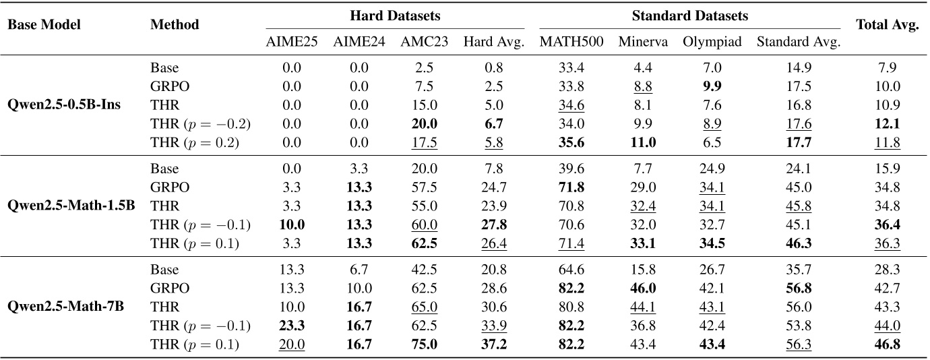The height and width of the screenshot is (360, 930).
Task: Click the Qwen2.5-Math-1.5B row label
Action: [56, 206]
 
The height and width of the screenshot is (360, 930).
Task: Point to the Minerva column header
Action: [643, 42]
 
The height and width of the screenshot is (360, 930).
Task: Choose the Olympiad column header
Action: [712, 42]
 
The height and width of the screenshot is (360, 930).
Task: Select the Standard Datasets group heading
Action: [690, 15]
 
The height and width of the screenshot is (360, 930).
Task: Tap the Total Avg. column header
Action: [888, 25]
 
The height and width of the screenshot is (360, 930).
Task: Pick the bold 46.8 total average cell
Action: [888, 344]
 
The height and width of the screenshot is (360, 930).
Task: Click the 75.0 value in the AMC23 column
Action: [424, 344]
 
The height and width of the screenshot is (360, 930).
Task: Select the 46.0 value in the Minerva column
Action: [643, 289]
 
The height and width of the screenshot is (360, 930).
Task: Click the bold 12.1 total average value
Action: [888, 124]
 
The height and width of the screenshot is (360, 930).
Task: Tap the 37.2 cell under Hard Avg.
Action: [493, 344]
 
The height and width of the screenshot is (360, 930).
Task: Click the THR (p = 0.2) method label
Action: [194, 143]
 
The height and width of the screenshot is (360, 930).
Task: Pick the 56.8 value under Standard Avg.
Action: [798, 289]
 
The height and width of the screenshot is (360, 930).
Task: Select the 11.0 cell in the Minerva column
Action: [643, 143]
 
